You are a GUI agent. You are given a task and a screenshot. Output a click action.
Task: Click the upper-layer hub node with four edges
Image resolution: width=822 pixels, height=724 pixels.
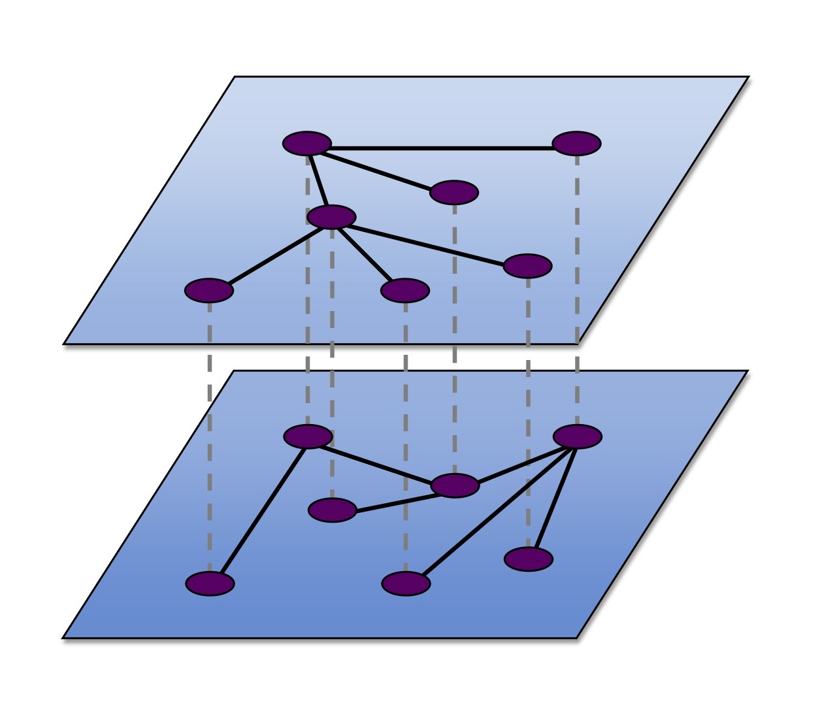(332, 217)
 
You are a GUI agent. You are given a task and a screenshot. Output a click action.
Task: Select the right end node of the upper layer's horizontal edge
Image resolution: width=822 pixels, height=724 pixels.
(576, 143)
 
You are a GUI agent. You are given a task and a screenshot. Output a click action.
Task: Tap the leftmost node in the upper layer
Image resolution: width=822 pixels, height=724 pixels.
(209, 291)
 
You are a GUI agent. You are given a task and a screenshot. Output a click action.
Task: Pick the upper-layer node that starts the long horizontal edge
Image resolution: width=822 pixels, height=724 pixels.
(307, 143)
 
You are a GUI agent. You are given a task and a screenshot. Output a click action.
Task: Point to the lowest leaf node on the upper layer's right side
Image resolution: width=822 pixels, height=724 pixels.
(528, 266)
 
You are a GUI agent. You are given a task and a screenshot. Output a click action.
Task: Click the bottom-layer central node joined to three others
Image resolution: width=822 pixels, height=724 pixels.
(455, 485)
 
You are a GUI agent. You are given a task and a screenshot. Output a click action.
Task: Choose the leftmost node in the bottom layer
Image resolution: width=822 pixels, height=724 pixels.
(210, 583)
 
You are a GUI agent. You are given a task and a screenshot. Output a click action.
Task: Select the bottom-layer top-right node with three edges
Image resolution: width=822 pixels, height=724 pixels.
(577, 436)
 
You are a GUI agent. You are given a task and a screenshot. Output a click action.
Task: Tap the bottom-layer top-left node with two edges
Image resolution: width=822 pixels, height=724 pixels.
(308, 436)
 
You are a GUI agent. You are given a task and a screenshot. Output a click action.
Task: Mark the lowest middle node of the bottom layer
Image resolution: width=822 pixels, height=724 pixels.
(406, 584)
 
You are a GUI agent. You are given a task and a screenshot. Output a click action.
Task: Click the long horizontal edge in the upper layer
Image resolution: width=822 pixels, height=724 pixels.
(442, 148)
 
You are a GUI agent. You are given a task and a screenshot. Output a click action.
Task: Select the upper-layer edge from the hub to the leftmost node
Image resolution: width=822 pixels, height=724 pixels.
(271, 254)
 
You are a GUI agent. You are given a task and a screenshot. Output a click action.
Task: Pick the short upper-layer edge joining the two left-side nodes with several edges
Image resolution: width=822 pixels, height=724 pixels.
(319, 180)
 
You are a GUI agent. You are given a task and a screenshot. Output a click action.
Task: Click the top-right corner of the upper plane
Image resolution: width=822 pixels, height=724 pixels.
(748, 77)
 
